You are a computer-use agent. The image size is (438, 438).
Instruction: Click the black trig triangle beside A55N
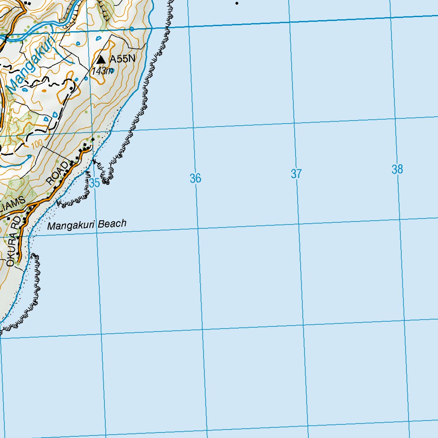point(101,59)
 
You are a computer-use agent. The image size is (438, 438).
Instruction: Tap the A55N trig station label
point(122,59)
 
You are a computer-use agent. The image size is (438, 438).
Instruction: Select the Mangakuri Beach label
point(87,225)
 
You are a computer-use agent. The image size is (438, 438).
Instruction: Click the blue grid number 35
point(95,183)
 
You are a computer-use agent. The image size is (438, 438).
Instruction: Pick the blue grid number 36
point(195,178)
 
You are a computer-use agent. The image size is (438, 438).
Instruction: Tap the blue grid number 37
point(296,174)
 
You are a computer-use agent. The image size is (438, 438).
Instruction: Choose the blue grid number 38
point(397,169)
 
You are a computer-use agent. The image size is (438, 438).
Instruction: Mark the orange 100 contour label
point(37,144)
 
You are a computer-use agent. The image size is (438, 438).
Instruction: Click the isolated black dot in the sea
point(237,3)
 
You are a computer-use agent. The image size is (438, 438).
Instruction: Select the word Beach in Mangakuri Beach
point(112,223)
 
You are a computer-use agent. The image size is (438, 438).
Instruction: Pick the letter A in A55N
point(112,59)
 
